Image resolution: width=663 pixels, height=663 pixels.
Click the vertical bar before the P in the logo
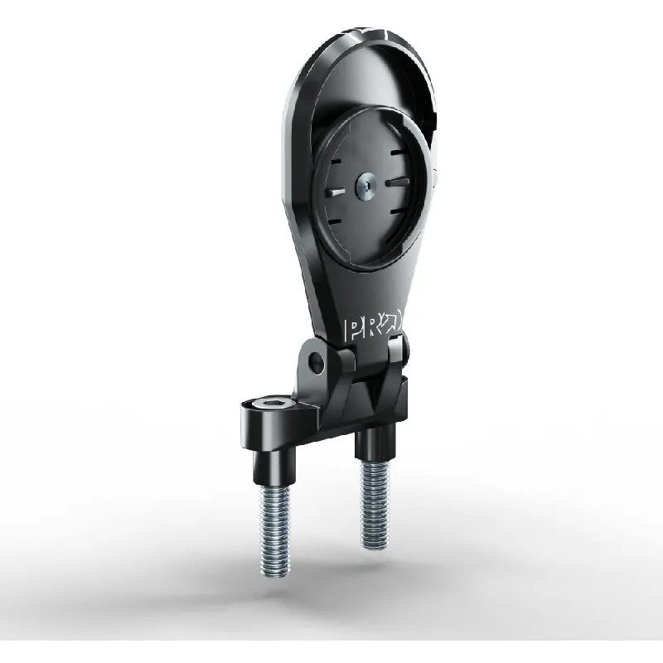click(346, 331)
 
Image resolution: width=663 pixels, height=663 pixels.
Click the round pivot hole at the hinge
click(317, 362)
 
